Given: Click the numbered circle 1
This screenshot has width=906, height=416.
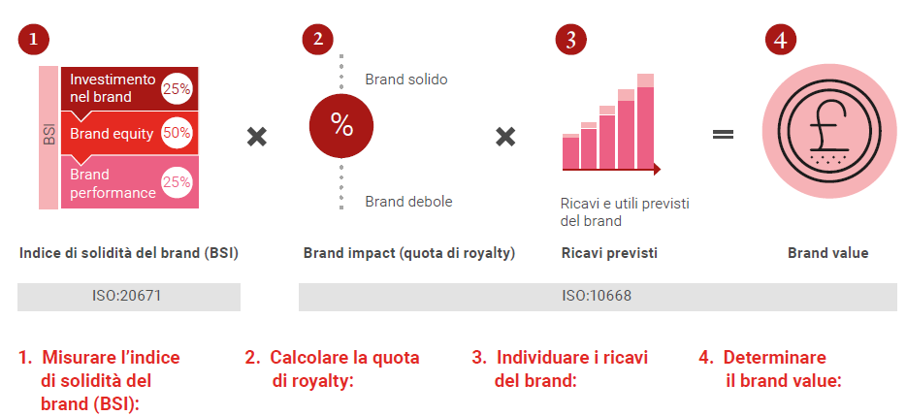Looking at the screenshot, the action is pyautogui.click(x=34, y=40).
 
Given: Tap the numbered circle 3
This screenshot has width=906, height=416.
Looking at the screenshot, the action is pyautogui.click(x=571, y=40).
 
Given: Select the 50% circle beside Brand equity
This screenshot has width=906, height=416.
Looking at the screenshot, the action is pyautogui.click(x=177, y=133).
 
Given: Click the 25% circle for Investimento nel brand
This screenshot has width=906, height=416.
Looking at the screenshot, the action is pyautogui.click(x=177, y=89).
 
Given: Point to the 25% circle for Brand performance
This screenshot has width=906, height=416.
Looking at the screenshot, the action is pyautogui.click(x=177, y=182).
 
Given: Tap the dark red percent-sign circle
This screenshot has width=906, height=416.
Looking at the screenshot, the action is pyautogui.click(x=341, y=126).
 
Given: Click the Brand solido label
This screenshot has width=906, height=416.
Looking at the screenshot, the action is pyautogui.click(x=406, y=80).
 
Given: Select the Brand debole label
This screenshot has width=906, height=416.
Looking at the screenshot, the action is pyautogui.click(x=408, y=201).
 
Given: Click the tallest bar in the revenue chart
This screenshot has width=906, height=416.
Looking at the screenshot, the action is pyautogui.click(x=645, y=121).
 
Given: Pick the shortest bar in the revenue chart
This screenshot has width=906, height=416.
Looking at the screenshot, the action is pyautogui.click(x=570, y=151).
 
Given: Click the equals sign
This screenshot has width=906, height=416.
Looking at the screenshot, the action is pyautogui.click(x=723, y=134).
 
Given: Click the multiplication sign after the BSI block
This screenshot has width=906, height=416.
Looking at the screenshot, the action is pyautogui.click(x=256, y=137).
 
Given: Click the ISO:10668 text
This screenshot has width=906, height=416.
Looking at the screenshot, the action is pyautogui.click(x=597, y=296).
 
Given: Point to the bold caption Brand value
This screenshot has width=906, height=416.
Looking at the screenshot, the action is pyautogui.click(x=828, y=253).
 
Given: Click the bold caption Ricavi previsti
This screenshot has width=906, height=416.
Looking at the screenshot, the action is pyautogui.click(x=609, y=253).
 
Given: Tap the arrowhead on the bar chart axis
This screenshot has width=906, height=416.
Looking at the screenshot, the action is pyautogui.click(x=657, y=170).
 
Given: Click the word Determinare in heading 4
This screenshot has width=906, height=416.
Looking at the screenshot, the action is pyautogui.click(x=774, y=357).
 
